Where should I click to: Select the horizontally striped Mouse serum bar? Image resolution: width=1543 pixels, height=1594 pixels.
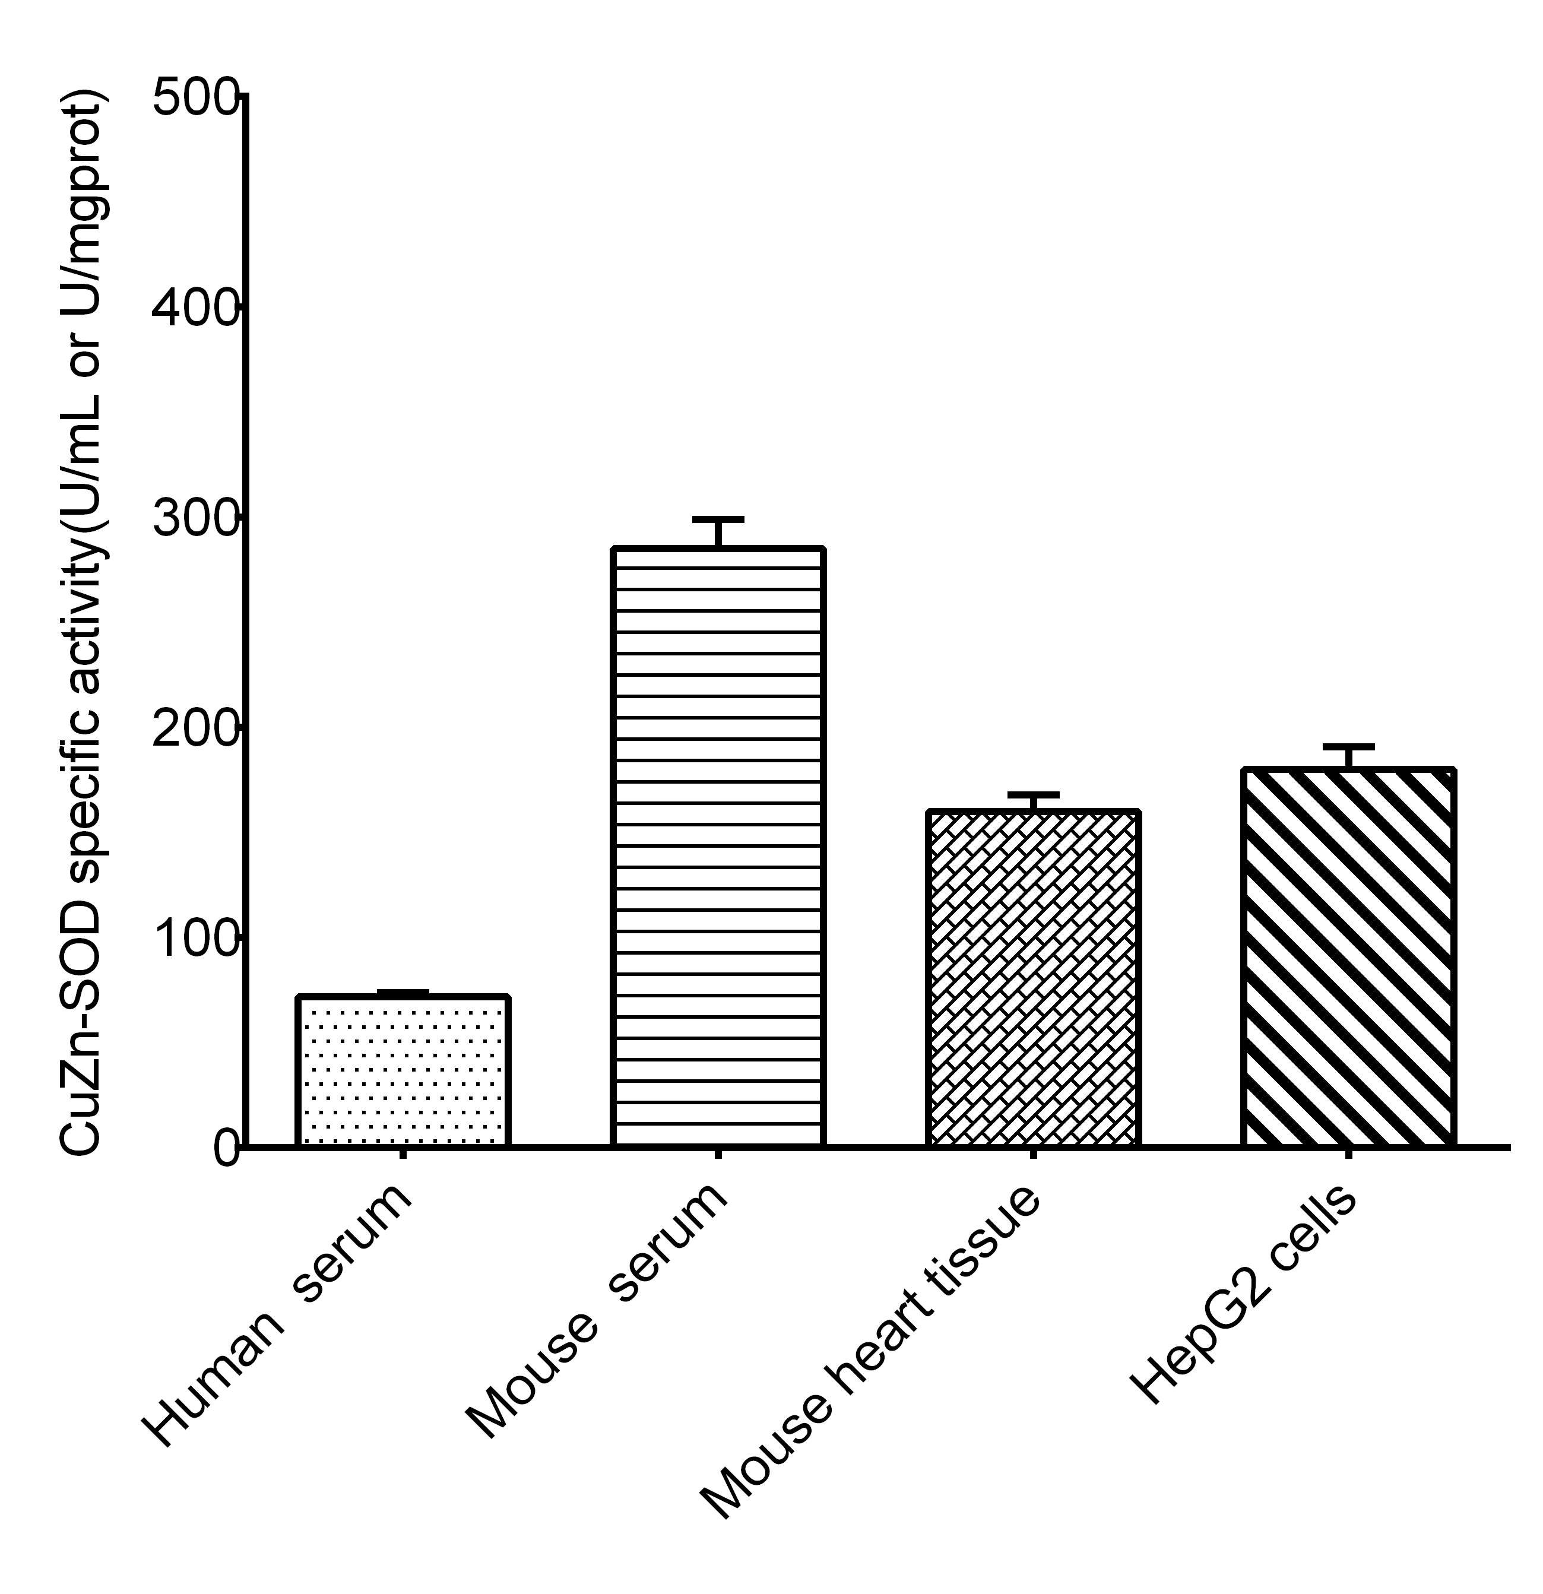coord(718,847)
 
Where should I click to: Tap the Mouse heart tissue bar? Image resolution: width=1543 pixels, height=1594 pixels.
coord(1032,979)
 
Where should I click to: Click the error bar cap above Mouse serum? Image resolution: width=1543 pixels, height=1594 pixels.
coord(718,519)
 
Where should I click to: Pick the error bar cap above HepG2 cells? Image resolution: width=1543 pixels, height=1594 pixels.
coord(1348,747)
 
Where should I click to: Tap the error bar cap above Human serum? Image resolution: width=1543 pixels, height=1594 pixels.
coord(403,992)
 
